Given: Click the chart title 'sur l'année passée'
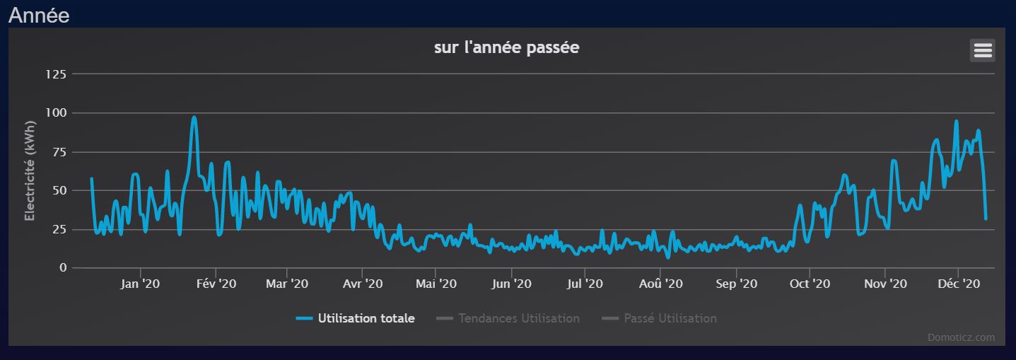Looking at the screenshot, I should pos(506,48).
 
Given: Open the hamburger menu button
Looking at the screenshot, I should pos(983,50).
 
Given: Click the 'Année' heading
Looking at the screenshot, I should pos(39,15).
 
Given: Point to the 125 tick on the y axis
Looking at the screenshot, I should pos(55,74).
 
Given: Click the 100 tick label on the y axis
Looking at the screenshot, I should pos(55,113).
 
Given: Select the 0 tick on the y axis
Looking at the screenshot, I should pos(63,268).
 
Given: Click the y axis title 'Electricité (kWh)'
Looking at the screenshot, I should pos(30,171).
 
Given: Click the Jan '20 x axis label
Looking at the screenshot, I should pos(140,284).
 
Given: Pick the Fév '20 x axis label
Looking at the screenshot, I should pos(216,284).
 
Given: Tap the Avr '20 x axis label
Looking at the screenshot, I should pos(362,284).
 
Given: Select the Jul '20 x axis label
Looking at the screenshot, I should pos(585,284).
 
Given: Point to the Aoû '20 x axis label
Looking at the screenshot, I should pos(660,284).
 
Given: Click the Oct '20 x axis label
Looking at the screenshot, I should pos(810,284).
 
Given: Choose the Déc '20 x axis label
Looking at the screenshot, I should pos(958,284).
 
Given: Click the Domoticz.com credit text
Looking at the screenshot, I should pos(961,337).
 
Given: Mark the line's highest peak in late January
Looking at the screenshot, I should pos(194,118).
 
